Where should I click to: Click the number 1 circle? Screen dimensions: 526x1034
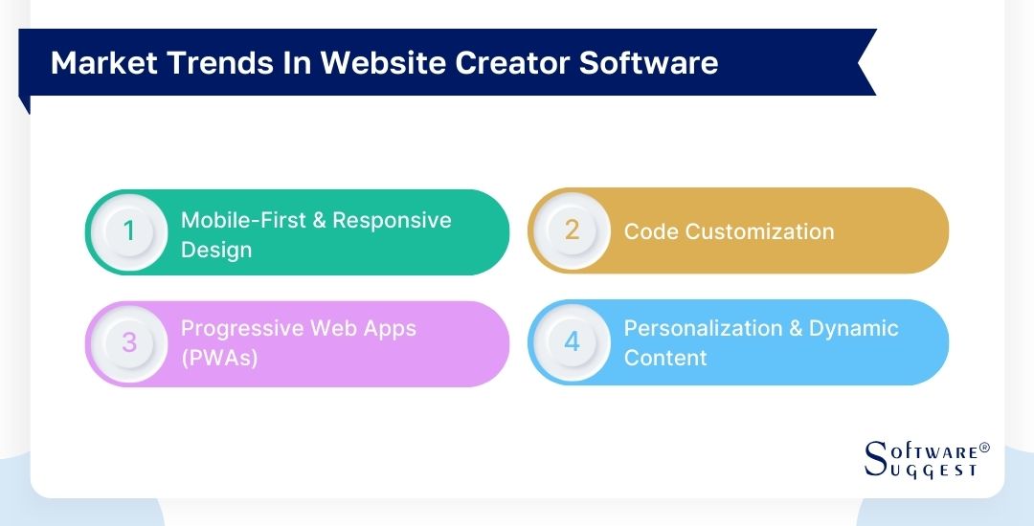click(129, 232)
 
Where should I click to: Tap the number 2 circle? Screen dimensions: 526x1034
click(572, 230)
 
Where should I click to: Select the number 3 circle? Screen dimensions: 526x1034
click(129, 343)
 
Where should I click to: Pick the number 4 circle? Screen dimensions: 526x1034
click(572, 342)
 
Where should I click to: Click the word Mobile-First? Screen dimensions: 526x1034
click(241, 220)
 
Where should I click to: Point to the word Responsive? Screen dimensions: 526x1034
click(393, 220)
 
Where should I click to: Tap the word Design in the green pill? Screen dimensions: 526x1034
click(216, 250)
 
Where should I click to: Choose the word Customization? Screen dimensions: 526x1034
click(756, 231)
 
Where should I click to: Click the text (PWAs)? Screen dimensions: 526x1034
click(219, 359)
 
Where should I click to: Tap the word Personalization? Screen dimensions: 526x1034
click(704, 328)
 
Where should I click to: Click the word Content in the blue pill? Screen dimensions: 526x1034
click(665, 358)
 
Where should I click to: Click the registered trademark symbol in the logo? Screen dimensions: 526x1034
click(984, 448)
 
